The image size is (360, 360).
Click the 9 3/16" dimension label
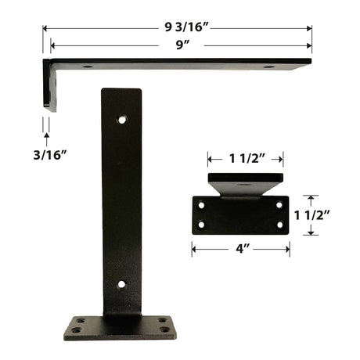click(x=187, y=27)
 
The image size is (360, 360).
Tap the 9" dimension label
click(x=182, y=45)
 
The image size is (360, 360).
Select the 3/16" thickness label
click(x=50, y=155)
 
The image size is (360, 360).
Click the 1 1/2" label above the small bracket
click(x=247, y=159)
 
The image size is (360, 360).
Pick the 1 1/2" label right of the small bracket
click(x=312, y=215)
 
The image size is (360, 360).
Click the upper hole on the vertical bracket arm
click(x=122, y=120)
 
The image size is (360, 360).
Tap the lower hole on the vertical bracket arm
click(x=121, y=284)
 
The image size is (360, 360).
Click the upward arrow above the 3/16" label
click(x=47, y=139)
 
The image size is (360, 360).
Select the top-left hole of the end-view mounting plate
click(x=201, y=205)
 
